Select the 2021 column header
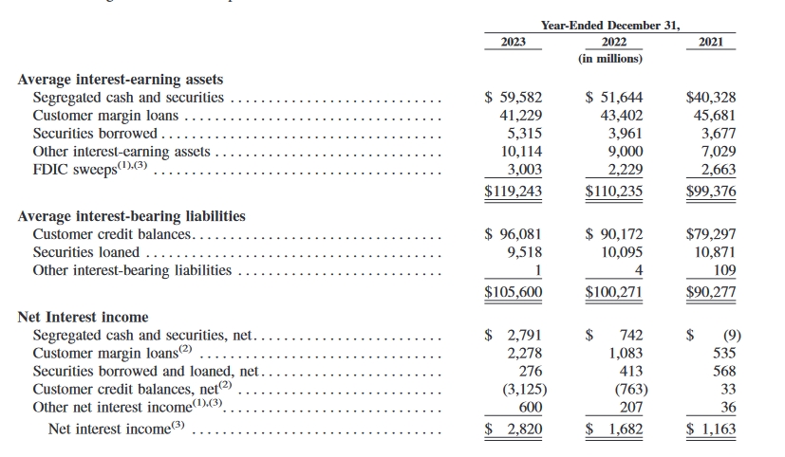(x=710, y=43)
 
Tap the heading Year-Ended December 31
(x=610, y=25)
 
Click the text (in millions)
(x=610, y=59)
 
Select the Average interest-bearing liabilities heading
(x=132, y=216)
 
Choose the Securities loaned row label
(x=85, y=252)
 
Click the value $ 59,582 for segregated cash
(x=513, y=98)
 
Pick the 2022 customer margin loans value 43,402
(x=620, y=116)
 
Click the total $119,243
(x=513, y=189)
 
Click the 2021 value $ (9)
(x=713, y=335)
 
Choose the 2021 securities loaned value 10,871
(x=715, y=252)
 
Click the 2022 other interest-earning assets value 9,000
(x=625, y=152)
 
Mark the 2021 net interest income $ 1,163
(x=710, y=429)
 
